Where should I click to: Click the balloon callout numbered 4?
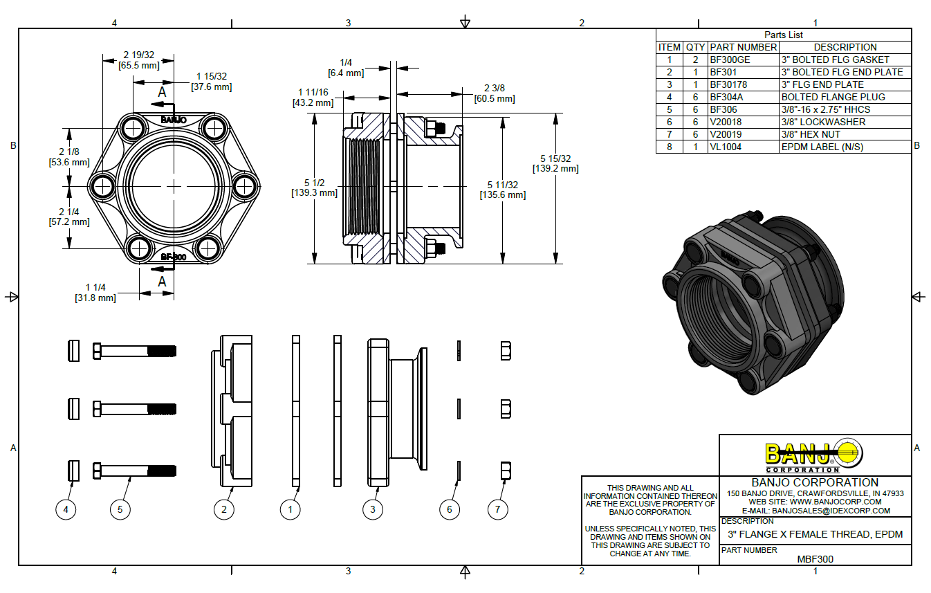(x=66, y=510)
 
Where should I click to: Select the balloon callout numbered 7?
(x=497, y=510)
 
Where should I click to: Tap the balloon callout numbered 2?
(x=224, y=510)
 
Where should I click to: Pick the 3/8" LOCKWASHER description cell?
(x=823, y=122)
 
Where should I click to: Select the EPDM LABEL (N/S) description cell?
(x=822, y=147)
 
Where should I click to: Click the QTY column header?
(x=695, y=48)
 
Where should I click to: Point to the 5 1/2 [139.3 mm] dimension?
(x=314, y=187)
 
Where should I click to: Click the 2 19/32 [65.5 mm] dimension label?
(x=139, y=60)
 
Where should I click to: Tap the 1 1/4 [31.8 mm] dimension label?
(x=95, y=293)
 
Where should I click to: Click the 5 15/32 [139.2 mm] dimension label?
(x=555, y=163)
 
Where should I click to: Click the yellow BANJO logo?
(x=814, y=455)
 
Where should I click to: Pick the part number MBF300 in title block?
(x=815, y=559)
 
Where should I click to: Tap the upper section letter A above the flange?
(x=162, y=91)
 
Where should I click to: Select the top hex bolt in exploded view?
(x=135, y=351)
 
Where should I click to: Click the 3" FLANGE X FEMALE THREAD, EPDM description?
(x=815, y=535)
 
